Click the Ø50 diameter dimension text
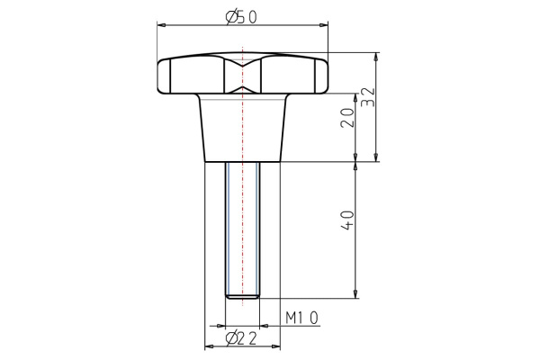[242, 16]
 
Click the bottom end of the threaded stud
[242, 296]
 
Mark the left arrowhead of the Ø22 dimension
[208, 345]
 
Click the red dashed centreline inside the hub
[242, 135]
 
